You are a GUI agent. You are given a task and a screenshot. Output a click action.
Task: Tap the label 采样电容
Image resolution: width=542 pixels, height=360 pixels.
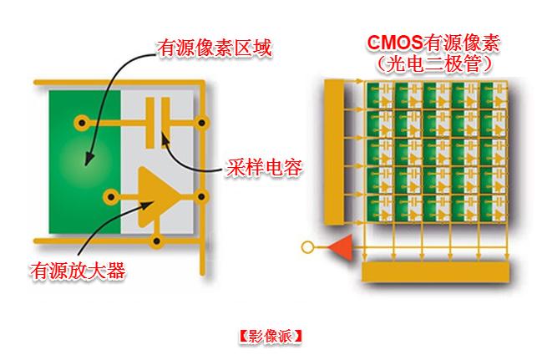[x=263, y=168]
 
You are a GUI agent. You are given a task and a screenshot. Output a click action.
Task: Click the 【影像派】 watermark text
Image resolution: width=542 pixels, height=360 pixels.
[x=269, y=337]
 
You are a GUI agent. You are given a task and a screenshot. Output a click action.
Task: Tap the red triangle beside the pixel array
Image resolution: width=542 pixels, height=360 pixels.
[x=338, y=247]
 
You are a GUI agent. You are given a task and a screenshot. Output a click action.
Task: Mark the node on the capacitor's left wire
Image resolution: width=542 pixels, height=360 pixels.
[x=81, y=123]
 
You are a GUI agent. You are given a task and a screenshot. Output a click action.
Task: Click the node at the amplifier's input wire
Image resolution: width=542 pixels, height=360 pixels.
[x=109, y=197]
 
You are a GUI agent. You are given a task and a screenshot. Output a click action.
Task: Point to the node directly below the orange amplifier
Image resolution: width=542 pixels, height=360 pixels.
[x=155, y=243]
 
